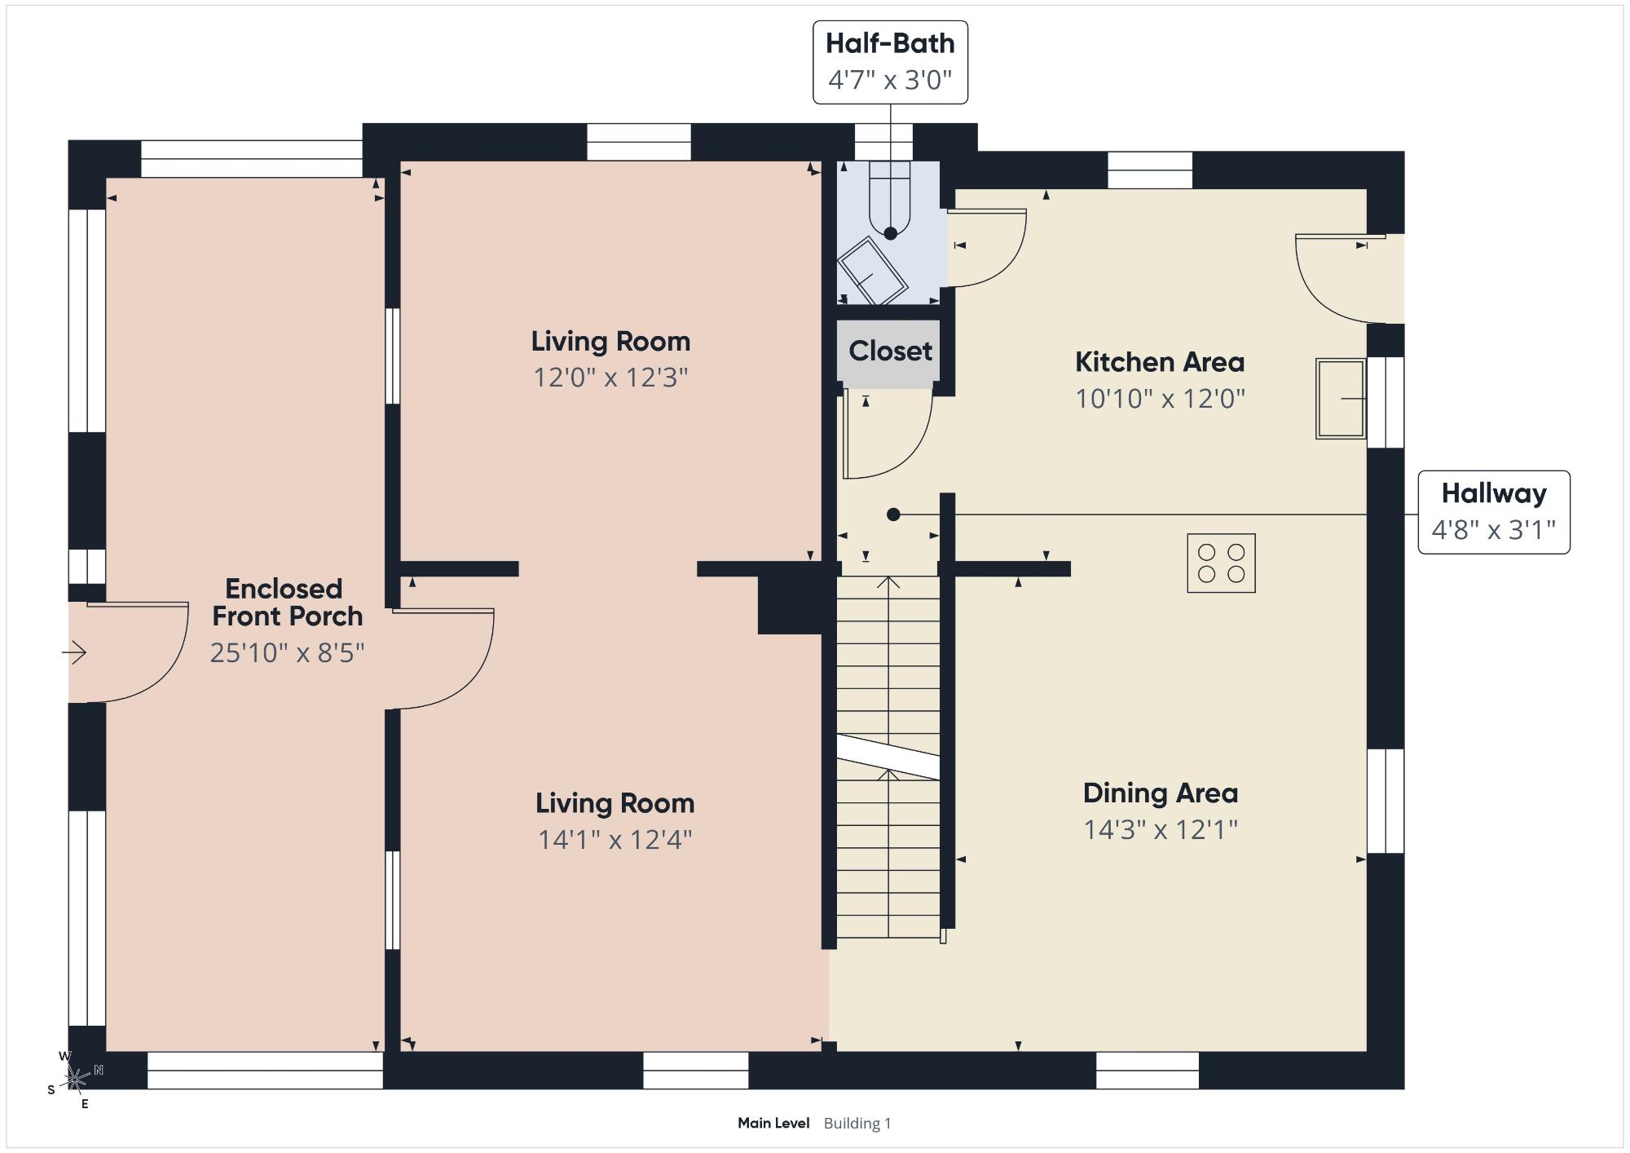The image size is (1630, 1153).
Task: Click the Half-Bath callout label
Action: [x=890, y=62]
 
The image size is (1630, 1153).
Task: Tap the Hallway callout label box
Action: [x=1494, y=512]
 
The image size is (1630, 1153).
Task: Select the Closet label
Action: [x=890, y=351]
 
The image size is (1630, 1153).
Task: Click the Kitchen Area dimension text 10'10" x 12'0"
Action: [x=1160, y=398]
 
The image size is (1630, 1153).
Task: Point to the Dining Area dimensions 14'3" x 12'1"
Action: [x=1161, y=829]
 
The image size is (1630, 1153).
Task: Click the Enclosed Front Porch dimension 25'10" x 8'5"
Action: [x=287, y=652]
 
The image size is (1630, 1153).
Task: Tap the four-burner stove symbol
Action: [x=1221, y=563]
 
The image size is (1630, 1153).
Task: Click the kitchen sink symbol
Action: [x=1341, y=399]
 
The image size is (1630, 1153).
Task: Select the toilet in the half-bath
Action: [x=889, y=199]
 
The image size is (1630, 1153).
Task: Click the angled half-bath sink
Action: [x=872, y=271]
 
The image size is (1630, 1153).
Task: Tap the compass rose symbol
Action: [x=75, y=1080]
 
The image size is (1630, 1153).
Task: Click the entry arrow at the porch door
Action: [x=74, y=652]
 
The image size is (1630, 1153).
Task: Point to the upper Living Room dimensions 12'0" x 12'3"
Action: [x=610, y=378]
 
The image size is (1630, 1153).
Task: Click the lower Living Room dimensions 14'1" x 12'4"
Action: [x=615, y=839]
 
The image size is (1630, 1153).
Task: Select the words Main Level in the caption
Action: [x=773, y=1123]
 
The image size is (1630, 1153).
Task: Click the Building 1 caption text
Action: [x=857, y=1123]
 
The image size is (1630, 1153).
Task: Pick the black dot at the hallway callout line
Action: [x=893, y=515]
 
